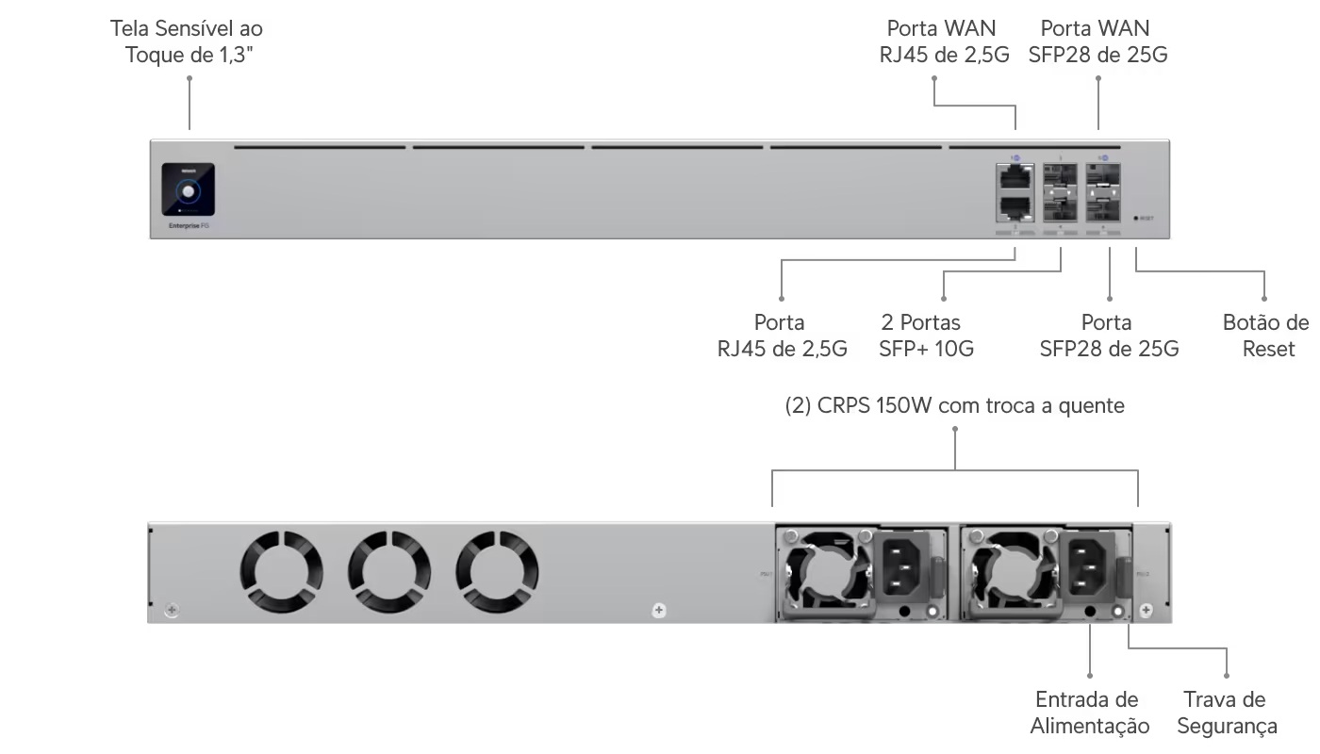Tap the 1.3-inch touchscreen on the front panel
pos(188,191)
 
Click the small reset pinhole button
pos(1136,218)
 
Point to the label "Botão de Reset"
pos(1265,336)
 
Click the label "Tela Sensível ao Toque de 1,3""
pos(187,41)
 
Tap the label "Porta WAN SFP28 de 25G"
pos(1097,41)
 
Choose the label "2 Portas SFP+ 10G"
pos(926,336)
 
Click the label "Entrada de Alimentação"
pos(1089,713)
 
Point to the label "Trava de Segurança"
pos(1226,713)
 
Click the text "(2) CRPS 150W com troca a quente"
pos(955,406)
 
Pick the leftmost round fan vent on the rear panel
pos(281,570)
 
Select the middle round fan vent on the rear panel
pos(389,570)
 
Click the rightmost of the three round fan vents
pos(497,570)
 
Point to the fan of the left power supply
pos(828,572)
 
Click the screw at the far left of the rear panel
pos(171,611)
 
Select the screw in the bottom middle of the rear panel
pos(659,611)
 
